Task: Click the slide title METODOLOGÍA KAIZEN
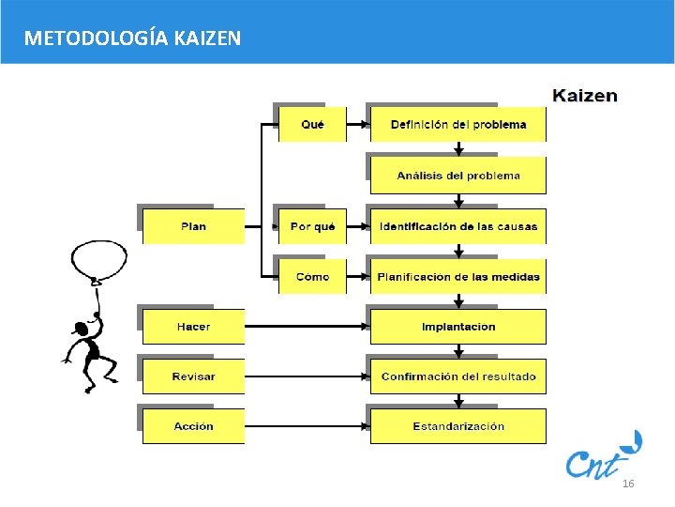click(x=132, y=38)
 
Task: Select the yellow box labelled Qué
click(x=312, y=125)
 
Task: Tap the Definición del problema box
click(x=458, y=125)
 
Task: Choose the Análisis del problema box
click(x=458, y=176)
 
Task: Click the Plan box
click(x=193, y=226)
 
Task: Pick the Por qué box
click(x=312, y=226)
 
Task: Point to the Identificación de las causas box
click(x=458, y=226)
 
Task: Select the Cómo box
click(x=312, y=277)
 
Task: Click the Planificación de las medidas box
click(x=458, y=277)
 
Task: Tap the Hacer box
click(x=193, y=327)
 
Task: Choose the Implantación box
click(x=458, y=327)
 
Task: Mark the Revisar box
click(x=193, y=376)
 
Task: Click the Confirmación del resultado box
click(x=458, y=376)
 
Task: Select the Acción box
click(x=193, y=426)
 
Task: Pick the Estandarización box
click(x=458, y=426)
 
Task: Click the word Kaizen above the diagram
click(x=585, y=95)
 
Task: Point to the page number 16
click(x=628, y=484)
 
